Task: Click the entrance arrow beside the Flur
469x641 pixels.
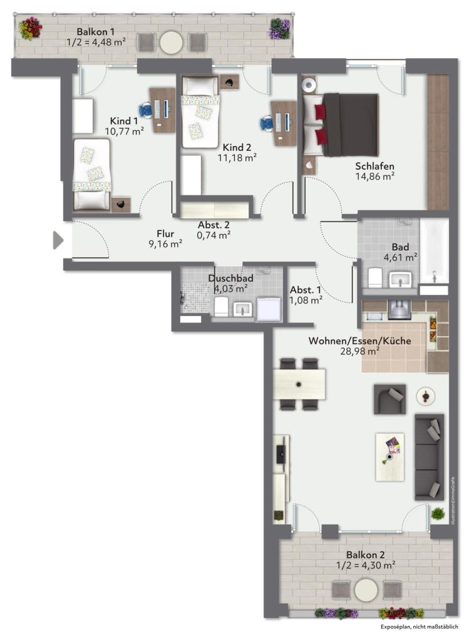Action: coord(58,240)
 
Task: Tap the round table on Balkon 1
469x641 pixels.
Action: coord(172,42)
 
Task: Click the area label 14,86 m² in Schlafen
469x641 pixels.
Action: coord(374,177)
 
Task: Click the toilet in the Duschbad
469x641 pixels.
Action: coord(221,306)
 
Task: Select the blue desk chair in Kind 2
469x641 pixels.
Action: coord(267,123)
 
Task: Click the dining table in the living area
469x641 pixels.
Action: coord(299,384)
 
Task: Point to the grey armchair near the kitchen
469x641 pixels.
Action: coord(389,399)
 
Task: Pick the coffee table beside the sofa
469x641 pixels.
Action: coord(390,456)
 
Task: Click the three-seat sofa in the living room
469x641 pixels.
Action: coord(430,457)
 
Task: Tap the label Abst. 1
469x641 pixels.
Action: coord(306,290)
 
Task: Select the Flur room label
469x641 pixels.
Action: coord(165,234)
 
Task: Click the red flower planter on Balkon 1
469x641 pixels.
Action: coord(31,29)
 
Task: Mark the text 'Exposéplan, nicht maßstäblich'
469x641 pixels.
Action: coord(419,627)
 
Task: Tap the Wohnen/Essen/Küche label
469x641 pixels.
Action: coord(360,341)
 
